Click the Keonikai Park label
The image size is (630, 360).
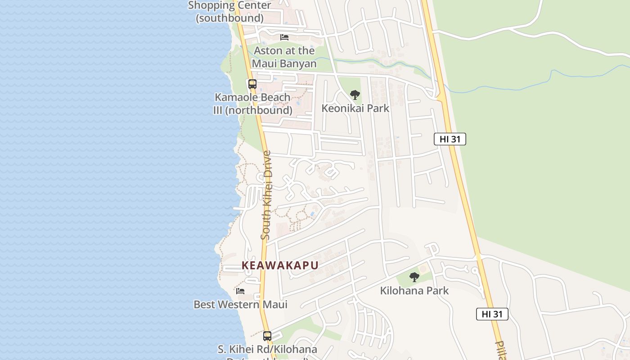coord(355,108)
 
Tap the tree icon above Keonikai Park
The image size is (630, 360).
coord(355,95)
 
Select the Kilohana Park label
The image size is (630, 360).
coord(414,291)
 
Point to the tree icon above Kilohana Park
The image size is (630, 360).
coord(414,277)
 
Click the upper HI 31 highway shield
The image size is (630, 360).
coord(450,139)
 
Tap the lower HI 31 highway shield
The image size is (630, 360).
coord(492,314)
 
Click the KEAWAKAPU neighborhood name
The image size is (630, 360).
coord(280,265)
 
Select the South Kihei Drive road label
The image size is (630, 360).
coord(266,195)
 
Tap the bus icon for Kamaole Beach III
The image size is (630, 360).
coord(252,84)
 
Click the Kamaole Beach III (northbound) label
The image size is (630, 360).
coord(252,103)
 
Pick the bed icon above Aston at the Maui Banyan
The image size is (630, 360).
coord(284,37)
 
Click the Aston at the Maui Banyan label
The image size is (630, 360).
coord(284,57)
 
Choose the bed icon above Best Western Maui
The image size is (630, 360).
coord(240,291)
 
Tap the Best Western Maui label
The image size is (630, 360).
coord(240,305)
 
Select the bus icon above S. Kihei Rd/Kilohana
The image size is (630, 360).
coord(267,336)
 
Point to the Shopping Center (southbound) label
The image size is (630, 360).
coord(229,12)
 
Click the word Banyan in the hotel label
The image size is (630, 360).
coord(297,63)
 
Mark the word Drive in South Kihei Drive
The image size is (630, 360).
coord(267,165)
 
